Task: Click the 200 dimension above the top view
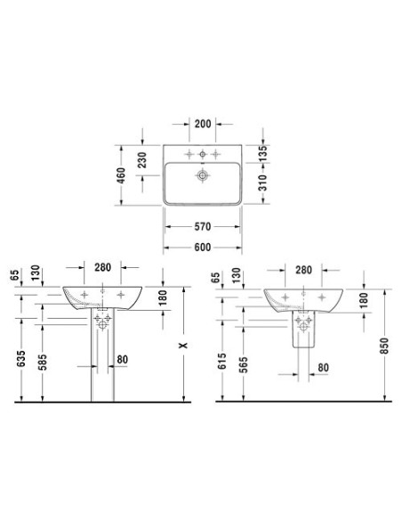tap(202, 124)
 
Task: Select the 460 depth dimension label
tap(121, 175)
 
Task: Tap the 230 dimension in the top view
tap(141, 160)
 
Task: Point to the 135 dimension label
tap(262, 153)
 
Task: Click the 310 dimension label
tap(262, 183)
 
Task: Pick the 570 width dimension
tap(202, 226)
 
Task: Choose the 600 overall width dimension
tap(202, 248)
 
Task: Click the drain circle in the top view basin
tap(202, 175)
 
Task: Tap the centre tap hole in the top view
tap(202, 154)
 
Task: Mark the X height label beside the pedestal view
tap(183, 345)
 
